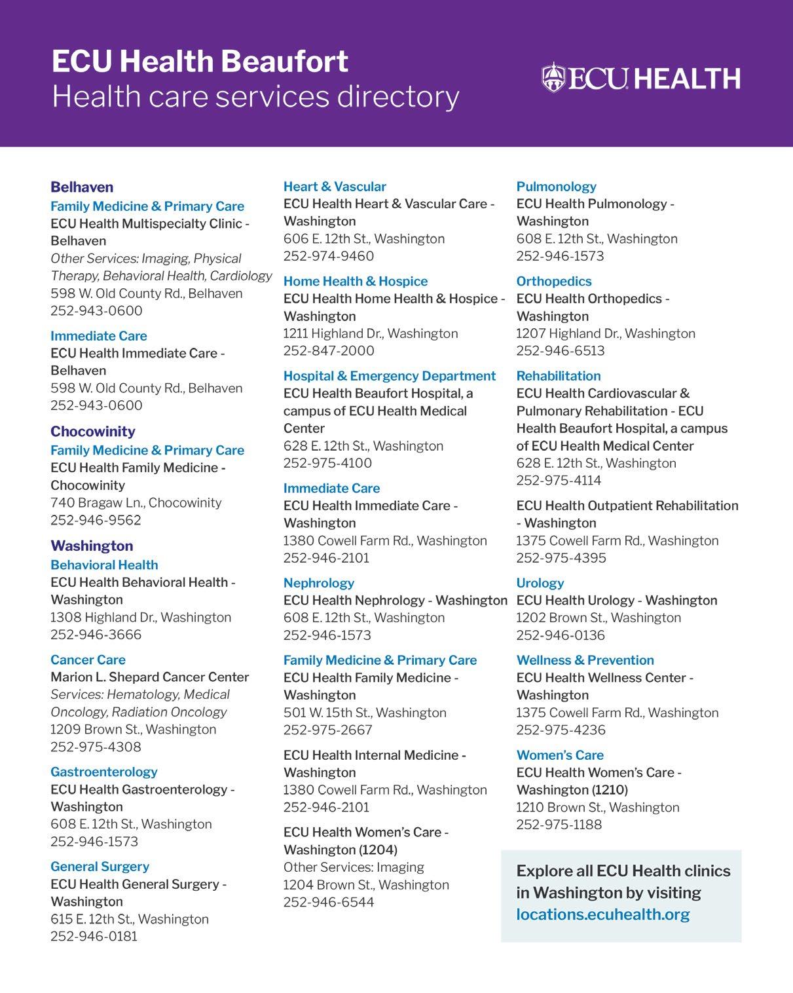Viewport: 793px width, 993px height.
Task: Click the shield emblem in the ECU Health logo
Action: (x=553, y=77)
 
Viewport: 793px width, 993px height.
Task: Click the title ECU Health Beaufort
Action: (x=200, y=62)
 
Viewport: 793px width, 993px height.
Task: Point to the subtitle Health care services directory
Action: (x=255, y=97)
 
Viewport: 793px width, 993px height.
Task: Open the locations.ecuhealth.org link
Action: (x=602, y=914)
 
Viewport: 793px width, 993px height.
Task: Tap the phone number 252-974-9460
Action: (x=329, y=256)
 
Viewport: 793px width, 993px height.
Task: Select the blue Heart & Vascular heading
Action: (x=335, y=187)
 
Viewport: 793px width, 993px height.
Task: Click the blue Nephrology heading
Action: (x=318, y=583)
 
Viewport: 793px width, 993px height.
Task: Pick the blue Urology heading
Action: (x=540, y=583)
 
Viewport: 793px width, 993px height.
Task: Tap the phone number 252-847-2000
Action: (x=329, y=350)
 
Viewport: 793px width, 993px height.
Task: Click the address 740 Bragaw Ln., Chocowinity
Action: (x=136, y=502)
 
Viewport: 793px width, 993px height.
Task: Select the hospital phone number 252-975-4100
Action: (x=327, y=463)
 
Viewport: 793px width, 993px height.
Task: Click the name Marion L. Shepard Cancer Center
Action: (x=150, y=677)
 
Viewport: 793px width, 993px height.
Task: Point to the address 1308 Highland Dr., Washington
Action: (x=141, y=617)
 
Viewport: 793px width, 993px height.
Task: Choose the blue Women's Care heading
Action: (x=560, y=755)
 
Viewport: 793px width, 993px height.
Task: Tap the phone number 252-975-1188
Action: (x=559, y=825)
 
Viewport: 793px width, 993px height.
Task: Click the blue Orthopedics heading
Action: (x=553, y=281)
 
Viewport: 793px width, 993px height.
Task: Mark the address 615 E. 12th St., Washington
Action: (x=130, y=919)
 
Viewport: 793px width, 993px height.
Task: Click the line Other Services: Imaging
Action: (x=354, y=867)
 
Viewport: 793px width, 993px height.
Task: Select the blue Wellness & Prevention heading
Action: (x=585, y=660)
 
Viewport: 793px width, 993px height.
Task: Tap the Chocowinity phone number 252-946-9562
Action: (x=96, y=520)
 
